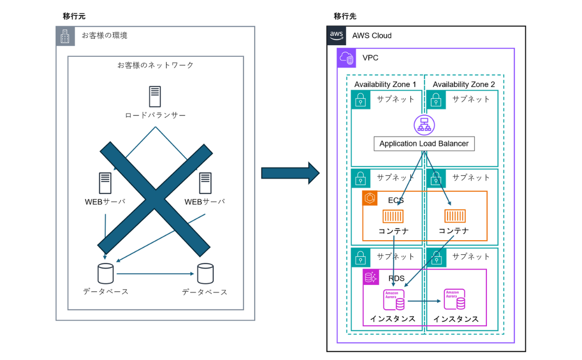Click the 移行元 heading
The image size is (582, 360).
click(x=74, y=16)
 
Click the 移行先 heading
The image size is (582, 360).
click(x=345, y=16)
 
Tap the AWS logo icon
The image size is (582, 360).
click(x=337, y=35)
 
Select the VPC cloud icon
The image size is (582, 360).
click(x=346, y=58)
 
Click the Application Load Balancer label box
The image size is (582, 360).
click(x=424, y=144)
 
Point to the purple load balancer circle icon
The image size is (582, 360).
click(x=424, y=125)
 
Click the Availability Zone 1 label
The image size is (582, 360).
click(x=385, y=84)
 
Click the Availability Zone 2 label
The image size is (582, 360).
click(x=464, y=84)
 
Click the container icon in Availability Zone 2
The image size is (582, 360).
click(x=455, y=216)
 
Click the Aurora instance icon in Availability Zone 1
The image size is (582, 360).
click(x=394, y=300)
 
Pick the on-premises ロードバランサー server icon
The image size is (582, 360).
click(x=155, y=97)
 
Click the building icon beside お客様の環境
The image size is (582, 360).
click(x=65, y=36)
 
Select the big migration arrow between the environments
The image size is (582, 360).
click(x=290, y=173)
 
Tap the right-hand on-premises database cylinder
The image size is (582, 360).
click(x=205, y=274)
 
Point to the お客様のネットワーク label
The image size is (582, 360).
click(x=155, y=65)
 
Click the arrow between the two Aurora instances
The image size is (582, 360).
click(x=424, y=301)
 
